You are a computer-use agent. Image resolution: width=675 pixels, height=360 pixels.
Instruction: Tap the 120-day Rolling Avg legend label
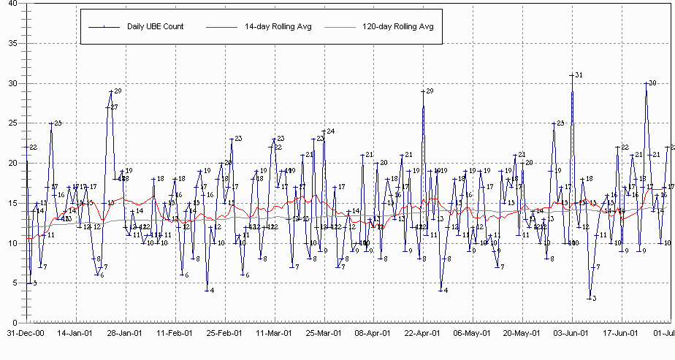pyautogui.click(x=398, y=27)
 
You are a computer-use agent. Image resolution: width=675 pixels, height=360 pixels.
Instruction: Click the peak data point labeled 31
pyautogui.click(x=572, y=75)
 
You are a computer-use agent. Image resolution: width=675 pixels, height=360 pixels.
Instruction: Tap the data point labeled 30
pyautogui.click(x=647, y=83)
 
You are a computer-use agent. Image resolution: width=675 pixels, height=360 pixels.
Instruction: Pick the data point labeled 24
pyautogui.click(x=324, y=131)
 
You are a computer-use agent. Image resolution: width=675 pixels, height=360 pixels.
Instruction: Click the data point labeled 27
pyautogui.click(x=107, y=107)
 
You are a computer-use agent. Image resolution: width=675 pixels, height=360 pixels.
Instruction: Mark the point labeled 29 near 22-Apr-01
pyautogui.click(x=423, y=91)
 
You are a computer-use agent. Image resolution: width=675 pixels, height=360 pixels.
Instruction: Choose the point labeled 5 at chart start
pyautogui.click(x=29, y=283)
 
